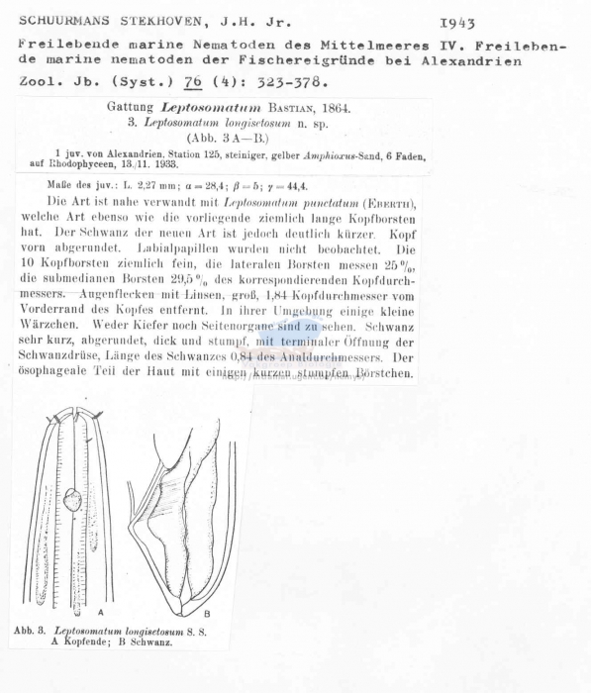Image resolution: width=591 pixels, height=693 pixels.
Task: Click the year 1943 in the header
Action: [455, 22]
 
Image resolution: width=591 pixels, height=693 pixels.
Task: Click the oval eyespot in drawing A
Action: [72, 502]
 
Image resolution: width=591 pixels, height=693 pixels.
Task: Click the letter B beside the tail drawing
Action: [206, 614]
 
